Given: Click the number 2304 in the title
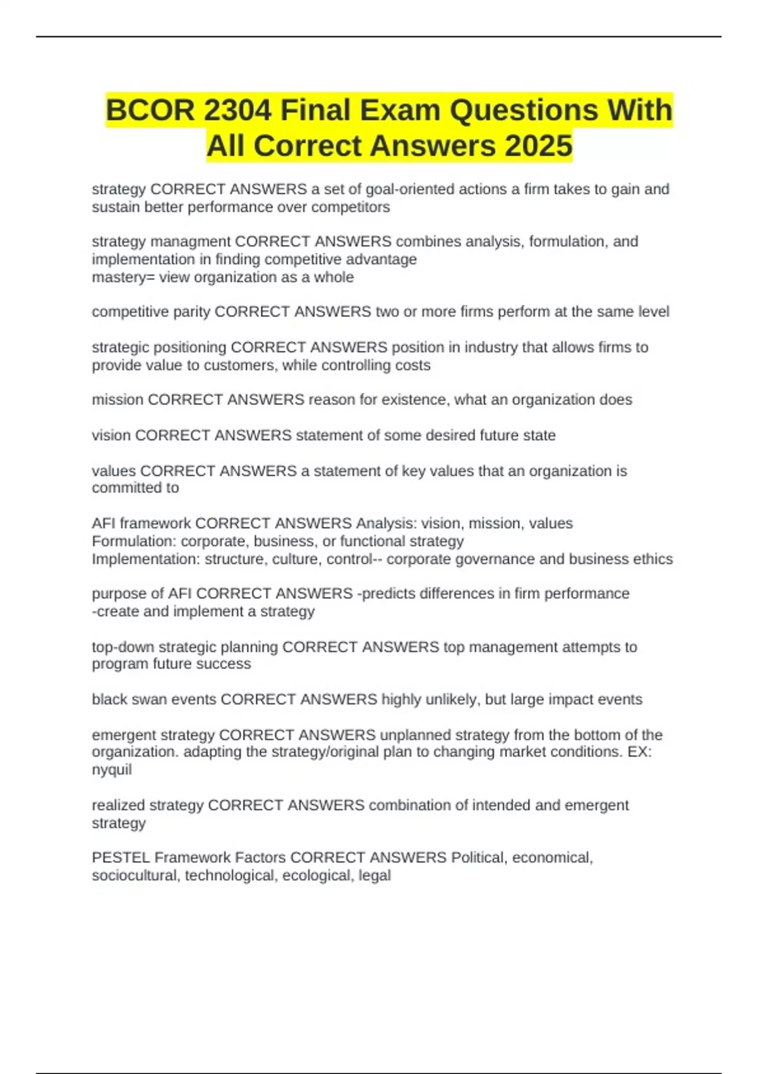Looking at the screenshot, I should (238, 111).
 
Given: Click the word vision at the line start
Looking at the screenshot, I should (111, 435).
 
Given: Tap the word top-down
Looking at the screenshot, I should (123, 647).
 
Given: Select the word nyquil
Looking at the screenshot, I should (112, 769).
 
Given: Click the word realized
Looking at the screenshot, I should (117, 805).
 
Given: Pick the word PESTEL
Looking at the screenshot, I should (121, 858).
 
